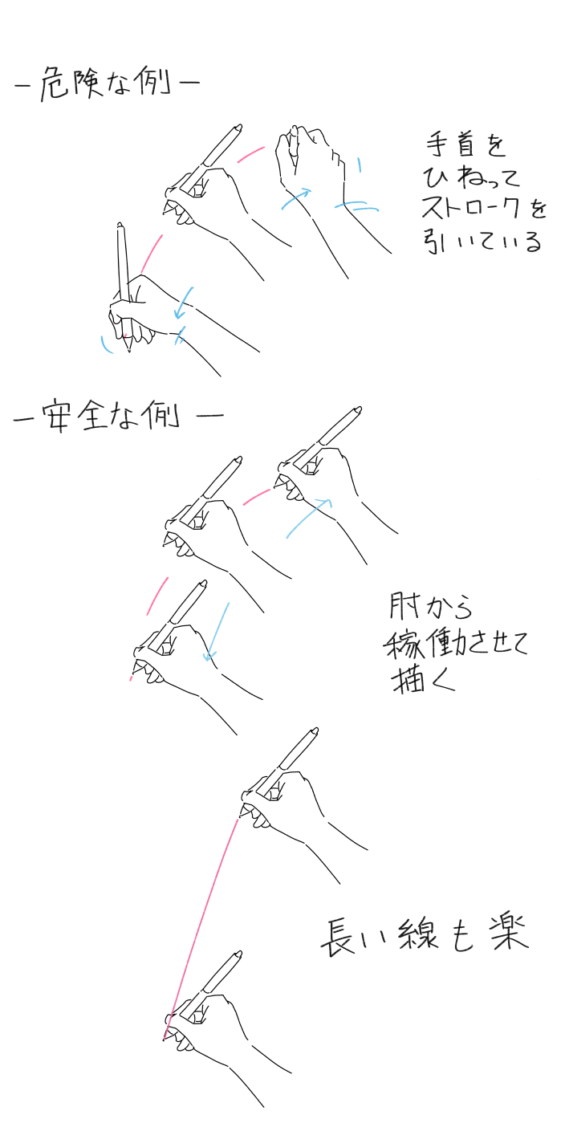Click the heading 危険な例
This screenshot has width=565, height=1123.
[107, 83]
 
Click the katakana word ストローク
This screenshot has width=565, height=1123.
[474, 208]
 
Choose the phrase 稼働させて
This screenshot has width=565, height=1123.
[455, 644]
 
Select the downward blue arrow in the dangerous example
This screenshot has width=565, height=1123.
[183, 303]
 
